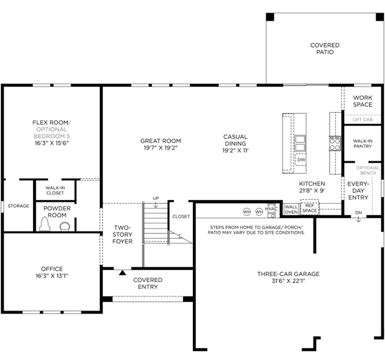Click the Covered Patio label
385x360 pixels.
325,49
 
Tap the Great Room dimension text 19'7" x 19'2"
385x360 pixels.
161,148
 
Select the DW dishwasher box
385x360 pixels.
301,159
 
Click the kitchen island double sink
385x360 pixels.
300,143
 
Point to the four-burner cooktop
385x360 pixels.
335,144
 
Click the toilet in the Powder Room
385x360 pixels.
45,224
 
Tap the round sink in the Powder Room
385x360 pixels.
65,227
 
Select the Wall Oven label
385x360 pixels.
291,209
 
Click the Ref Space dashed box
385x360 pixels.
310,207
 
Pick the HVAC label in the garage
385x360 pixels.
271,209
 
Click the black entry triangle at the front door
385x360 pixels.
122,273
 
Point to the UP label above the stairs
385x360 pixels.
156,198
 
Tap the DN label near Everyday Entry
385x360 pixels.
358,212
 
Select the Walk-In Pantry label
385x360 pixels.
363,144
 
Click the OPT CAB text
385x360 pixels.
363,119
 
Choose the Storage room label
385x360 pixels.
19,206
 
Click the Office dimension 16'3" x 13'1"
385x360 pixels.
52,276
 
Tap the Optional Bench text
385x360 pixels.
368,170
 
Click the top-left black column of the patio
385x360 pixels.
270,17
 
